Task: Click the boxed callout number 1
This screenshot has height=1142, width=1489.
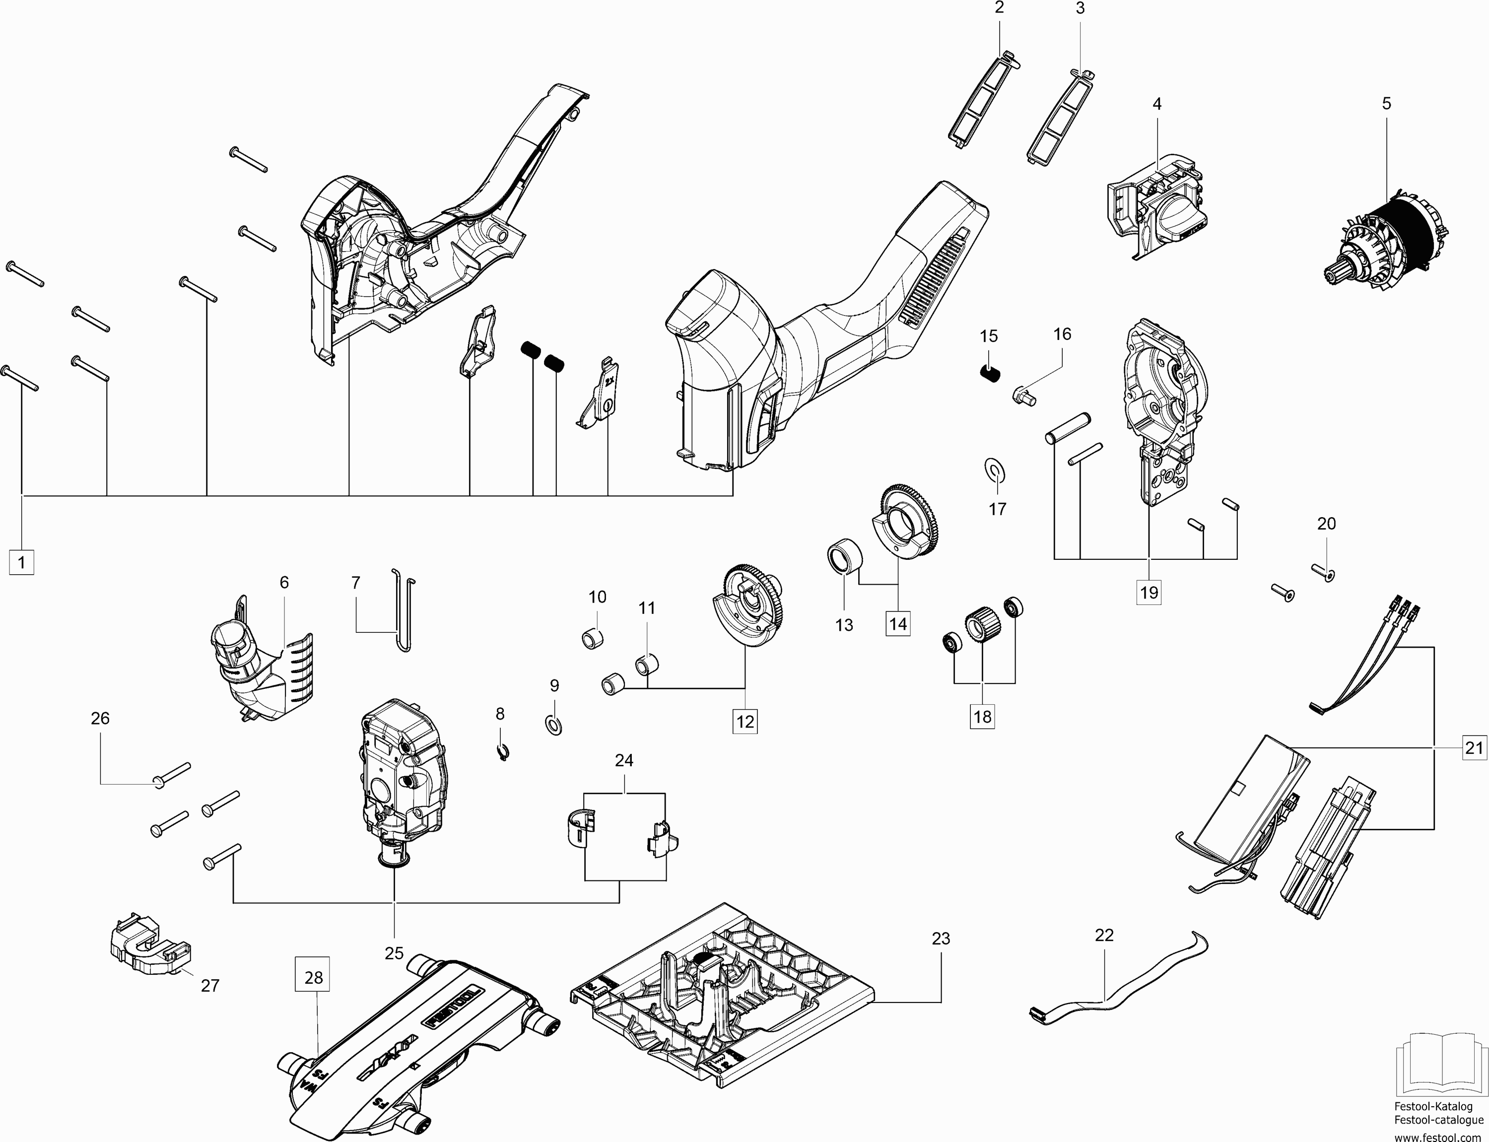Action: [x=22, y=563]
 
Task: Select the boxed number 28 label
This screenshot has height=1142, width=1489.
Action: [x=313, y=978]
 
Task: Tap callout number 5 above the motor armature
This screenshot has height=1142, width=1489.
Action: [x=1386, y=104]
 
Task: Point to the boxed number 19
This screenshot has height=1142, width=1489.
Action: [x=1149, y=592]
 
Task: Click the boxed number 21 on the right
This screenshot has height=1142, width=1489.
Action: [x=1474, y=748]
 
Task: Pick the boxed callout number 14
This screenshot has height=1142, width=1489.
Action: [x=898, y=623]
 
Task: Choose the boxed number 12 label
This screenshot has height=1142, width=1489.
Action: [x=745, y=721]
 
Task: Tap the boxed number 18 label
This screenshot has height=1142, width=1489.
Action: [x=983, y=717]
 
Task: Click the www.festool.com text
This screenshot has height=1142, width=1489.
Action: [x=1439, y=1137]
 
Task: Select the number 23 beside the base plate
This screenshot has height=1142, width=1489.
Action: [x=941, y=939]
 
